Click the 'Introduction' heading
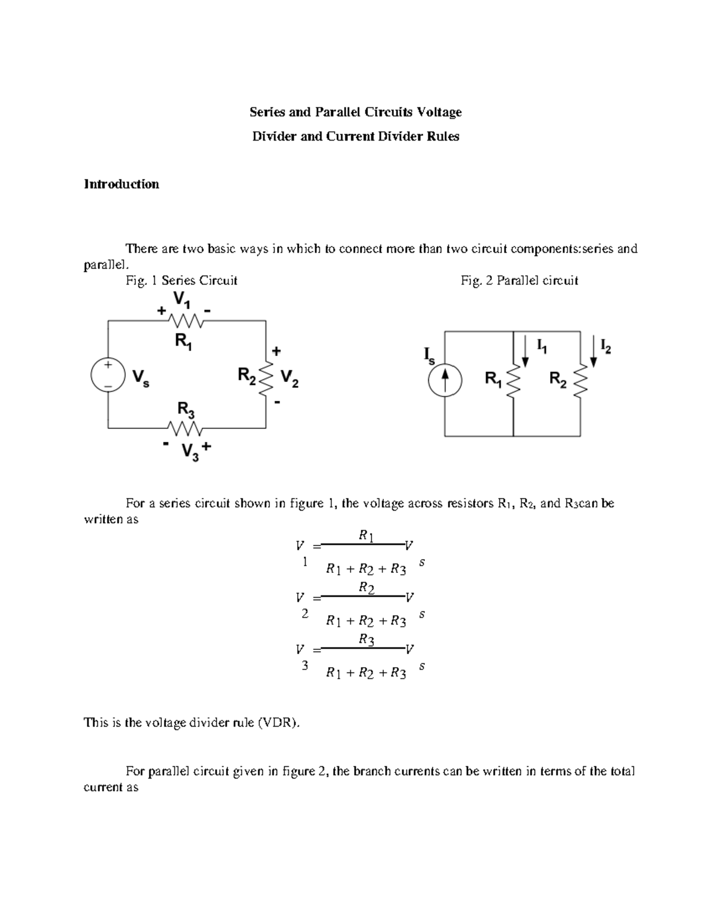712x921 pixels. pyautogui.click(x=121, y=184)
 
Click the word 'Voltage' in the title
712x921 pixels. pyautogui.click(x=439, y=112)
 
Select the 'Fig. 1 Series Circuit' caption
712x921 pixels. pyautogui.click(x=182, y=281)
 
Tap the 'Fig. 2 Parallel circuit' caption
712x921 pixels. pyautogui.click(x=519, y=281)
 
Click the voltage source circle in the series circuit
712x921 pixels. pyautogui.click(x=108, y=375)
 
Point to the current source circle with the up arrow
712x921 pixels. pyautogui.click(x=445, y=379)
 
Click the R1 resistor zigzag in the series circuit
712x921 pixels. pyautogui.click(x=186, y=321)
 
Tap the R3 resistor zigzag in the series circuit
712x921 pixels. pyautogui.click(x=186, y=428)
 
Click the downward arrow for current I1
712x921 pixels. pyautogui.click(x=525, y=352)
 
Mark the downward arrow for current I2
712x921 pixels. pyautogui.click(x=594, y=352)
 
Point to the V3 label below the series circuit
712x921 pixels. pyautogui.click(x=190, y=452)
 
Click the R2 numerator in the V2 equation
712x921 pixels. pyautogui.click(x=367, y=588)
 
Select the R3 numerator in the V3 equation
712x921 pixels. pyautogui.click(x=367, y=640)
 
